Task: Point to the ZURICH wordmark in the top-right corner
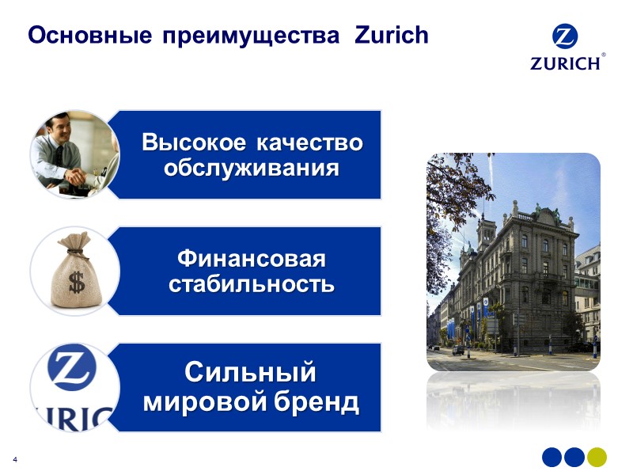(x=565, y=63)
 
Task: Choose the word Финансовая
(x=251, y=259)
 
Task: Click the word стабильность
(x=251, y=284)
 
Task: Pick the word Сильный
(x=251, y=371)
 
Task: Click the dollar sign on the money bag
(x=76, y=282)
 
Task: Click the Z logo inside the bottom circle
(x=71, y=370)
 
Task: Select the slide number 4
(x=14, y=460)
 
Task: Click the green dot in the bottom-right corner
(x=597, y=457)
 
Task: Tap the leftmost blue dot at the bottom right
(x=552, y=457)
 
